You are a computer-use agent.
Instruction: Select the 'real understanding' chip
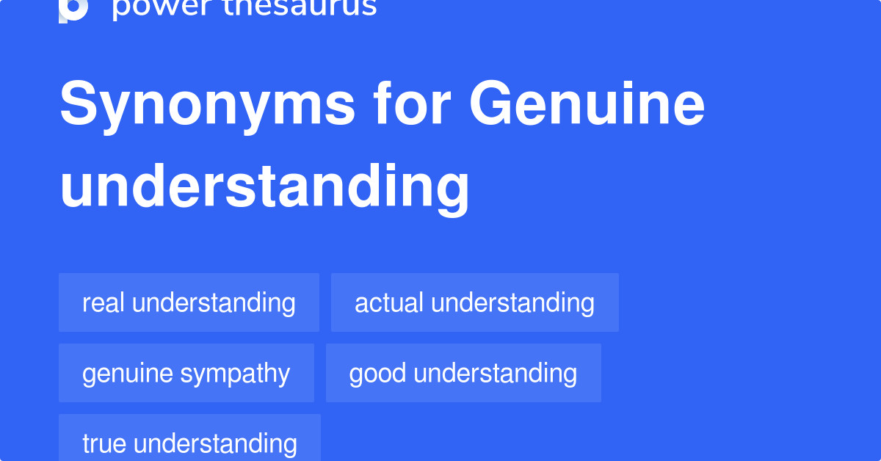(x=189, y=302)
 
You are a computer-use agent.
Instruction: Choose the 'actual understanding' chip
(x=474, y=302)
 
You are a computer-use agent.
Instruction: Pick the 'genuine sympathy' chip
(x=186, y=373)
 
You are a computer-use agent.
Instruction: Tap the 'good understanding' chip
(x=463, y=373)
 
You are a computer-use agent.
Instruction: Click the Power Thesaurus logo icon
(x=73, y=9)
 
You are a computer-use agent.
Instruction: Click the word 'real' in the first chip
(x=104, y=302)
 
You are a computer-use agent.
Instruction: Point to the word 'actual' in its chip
(x=389, y=302)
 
